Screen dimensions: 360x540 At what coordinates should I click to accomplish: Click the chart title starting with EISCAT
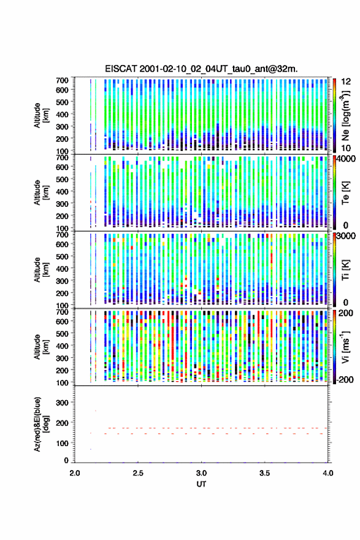pyautogui.click(x=201, y=69)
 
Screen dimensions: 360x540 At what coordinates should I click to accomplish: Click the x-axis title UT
pyautogui.click(x=201, y=484)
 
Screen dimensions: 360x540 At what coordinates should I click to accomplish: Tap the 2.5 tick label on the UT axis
pyautogui.click(x=138, y=473)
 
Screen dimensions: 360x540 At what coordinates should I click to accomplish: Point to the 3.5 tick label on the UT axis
pyautogui.click(x=265, y=473)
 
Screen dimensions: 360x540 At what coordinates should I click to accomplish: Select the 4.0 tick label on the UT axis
pyautogui.click(x=328, y=473)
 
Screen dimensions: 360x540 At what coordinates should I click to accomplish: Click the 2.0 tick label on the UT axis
pyautogui.click(x=75, y=473)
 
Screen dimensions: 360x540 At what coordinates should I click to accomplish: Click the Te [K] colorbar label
pyautogui.click(x=345, y=193)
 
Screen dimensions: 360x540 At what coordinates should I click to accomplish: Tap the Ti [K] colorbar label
pyautogui.click(x=345, y=270)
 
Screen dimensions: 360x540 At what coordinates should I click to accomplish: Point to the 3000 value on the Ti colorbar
pyautogui.click(x=347, y=236)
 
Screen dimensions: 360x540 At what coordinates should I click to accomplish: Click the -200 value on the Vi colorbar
pyautogui.click(x=345, y=379)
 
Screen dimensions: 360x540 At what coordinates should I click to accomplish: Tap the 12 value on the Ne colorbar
pyautogui.click(x=347, y=82)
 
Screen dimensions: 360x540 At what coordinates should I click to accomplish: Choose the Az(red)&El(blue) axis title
pyautogui.click(x=40, y=424)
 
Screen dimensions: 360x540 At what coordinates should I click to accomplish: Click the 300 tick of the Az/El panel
pyautogui.click(x=63, y=403)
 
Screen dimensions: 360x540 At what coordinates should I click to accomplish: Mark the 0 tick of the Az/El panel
pyautogui.click(x=66, y=460)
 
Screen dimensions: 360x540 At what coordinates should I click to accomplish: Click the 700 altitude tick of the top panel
pyautogui.click(x=63, y=80)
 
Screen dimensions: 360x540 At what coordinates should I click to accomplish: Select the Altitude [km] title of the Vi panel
pyautogui.click(x=40, y=347)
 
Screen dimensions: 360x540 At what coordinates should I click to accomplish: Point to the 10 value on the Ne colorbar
pyautogui.click(x=347, y=148)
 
